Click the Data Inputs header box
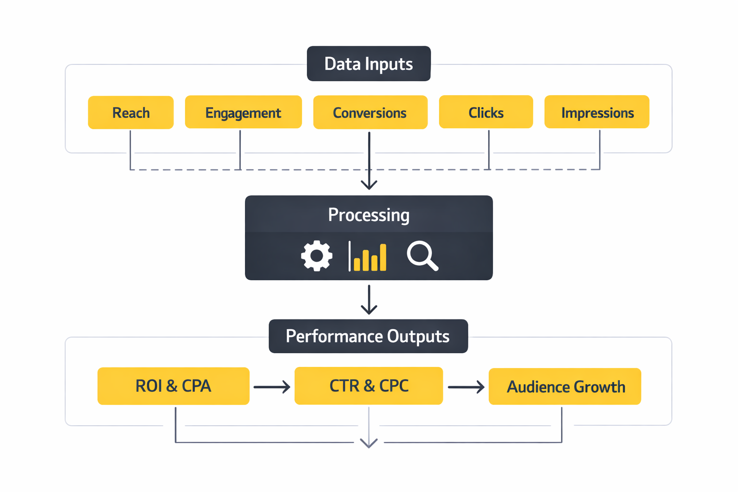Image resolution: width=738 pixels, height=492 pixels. (x=369, y=64)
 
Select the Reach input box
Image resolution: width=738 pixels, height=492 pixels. (x=131, y=112)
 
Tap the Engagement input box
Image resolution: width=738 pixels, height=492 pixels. (x=243, y=112)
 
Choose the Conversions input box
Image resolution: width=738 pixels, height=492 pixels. (x=370, y=112)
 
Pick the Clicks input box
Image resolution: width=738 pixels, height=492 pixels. (x=486, y=112)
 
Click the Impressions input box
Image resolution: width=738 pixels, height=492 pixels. (x=597, y=112)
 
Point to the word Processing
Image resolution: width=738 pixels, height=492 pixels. (x=369, y=215)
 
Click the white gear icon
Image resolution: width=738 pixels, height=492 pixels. (x=317, y=256)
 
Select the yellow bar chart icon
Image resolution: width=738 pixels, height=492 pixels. (x=368, y=257)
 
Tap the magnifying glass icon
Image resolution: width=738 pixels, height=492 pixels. (x=422, y=256)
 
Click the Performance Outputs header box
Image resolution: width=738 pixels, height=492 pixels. (x=368, y=336)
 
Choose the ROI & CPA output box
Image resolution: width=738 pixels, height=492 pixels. (x=173, y=386)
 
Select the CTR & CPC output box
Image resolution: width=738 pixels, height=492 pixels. (x=369, y=386)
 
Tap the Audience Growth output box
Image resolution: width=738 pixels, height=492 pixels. (x=565, y=386)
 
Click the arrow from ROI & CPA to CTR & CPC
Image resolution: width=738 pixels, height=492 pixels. (x=272, y=387)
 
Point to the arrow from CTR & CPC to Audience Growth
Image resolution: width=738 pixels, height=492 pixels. (x=466, y=387)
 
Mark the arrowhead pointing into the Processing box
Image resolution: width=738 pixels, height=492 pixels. (x=369, y=185)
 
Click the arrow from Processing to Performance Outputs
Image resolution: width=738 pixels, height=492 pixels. (x=369, y=300)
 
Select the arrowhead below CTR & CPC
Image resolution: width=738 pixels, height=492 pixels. (x=369, y=443)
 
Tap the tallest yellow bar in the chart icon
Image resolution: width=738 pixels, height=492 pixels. (x=383, y=258)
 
